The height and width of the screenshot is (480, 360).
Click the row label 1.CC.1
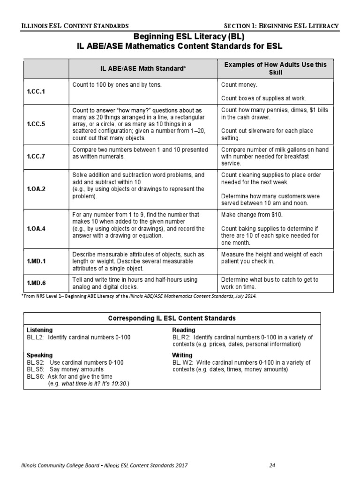(x=36, y=91)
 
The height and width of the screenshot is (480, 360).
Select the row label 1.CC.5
(x=36, y=124)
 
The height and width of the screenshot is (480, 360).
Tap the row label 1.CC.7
(x=36, y=157)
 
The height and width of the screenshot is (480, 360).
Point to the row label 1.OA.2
(x=36, y=189)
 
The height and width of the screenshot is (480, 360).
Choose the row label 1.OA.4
(x=36, y=229)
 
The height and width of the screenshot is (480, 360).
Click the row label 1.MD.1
(x=36, y=262)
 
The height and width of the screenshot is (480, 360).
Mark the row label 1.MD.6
(x=36, y=283)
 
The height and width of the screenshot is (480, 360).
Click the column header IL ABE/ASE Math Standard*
(x=143, y=68)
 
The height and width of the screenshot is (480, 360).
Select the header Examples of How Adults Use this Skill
(x=276, y=68)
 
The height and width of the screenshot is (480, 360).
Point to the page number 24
(x=272, y=465)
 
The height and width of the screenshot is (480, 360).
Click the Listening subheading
(x=40, y=330)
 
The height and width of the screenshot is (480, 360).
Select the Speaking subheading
(x=40, y=355)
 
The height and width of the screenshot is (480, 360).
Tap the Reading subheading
(x=184, y=330)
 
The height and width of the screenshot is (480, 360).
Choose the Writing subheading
(x=182, y=355)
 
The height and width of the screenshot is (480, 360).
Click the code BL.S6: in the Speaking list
(x=36, y=376)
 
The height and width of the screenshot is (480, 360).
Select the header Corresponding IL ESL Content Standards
(x=172, y=318)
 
